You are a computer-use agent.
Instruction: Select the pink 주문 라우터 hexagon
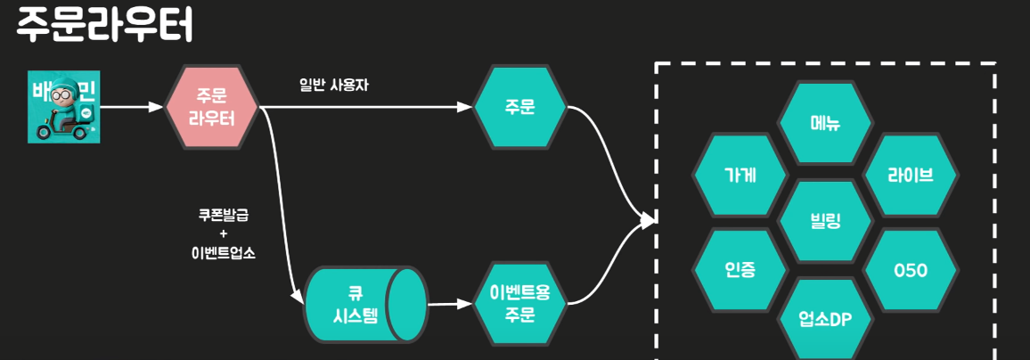click(212, 107)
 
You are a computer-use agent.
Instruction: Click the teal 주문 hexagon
click(519, 108)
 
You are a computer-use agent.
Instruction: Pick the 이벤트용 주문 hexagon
click(519, 303)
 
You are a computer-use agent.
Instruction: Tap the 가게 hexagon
click(740, 176)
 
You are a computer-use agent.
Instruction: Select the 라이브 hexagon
click(911, 175)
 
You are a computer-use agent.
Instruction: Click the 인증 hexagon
click(740, 269)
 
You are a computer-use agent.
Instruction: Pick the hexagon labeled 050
click(911, 269)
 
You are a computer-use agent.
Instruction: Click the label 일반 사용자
click(333, 86)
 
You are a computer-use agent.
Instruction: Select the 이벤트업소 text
click(223, 252)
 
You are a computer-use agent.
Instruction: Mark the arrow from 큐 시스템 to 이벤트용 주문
click(449, 304)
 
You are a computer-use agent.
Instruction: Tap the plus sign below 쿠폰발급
click(223, 233)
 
